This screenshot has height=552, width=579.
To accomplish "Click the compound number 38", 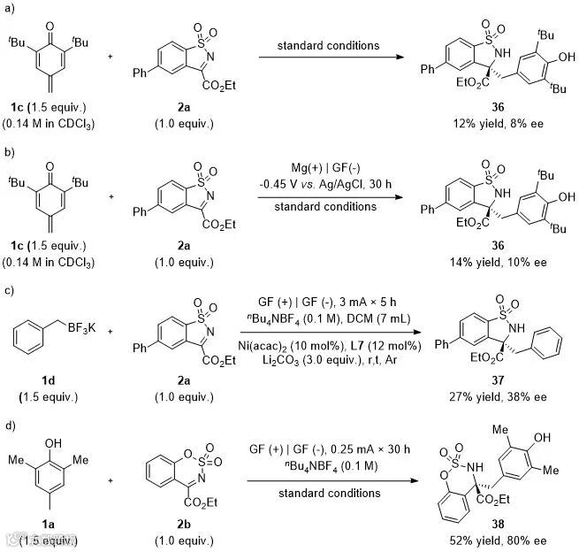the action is click(x=498, y=524).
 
